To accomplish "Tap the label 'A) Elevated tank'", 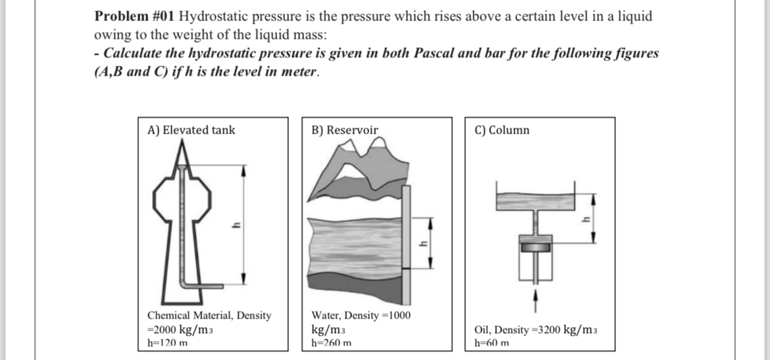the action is pyautogui.click(x=191, y=130).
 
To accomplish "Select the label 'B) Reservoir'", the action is pyautogui.click(x=344, y=130).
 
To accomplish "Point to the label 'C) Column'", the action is pyautogui.click(x=501, y=130).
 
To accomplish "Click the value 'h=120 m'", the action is pyautogui.click(x=167, y=343).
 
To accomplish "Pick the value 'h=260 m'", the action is pyautogui.click(x=331, y=343).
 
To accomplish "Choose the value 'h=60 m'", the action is pyautogui.click(x=491, y=343).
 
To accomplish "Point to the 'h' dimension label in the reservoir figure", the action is pyautogui.click(x=424, y=243).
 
